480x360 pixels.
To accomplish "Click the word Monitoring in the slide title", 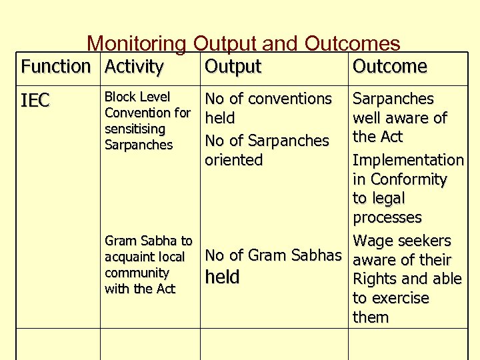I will point(138,44).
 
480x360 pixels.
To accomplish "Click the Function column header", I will point(55,67).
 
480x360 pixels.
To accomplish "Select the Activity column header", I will point(134,67).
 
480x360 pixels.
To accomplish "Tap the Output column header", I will point(233,67).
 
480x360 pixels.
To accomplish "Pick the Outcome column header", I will point(390,67).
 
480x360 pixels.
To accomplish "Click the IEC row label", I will point(35,101).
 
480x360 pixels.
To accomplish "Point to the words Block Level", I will point(137,97).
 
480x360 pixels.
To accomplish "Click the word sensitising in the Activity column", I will point(135,129).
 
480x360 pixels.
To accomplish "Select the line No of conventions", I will point(268,99).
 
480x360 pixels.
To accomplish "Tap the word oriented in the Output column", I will point(233,160).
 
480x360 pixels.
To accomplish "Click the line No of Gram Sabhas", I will point(273,255).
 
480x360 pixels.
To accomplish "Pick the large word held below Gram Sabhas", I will point(222,277).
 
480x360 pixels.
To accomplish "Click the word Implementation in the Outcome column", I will point(408,160).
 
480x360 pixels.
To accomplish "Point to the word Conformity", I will point(408,179).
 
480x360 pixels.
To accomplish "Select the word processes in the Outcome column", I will point(387,218).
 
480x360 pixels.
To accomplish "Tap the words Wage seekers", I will point(402,241).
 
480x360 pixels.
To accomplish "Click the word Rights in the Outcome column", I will point(375,279).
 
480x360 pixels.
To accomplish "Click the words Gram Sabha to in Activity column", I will point(149,241).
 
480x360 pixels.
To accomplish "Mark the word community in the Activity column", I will point(137,273).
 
